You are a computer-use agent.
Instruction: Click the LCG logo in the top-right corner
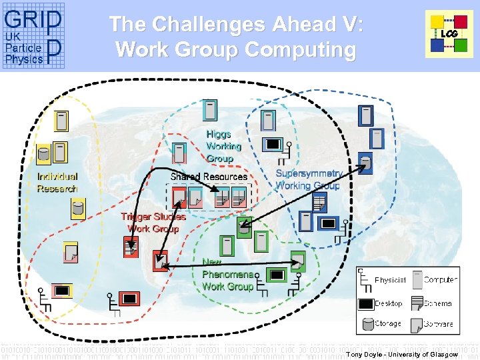point(449,34)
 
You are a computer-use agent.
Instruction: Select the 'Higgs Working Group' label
point(223,146)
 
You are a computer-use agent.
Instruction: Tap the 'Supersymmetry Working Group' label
point(309,179)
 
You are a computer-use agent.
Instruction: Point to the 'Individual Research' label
point(57,183)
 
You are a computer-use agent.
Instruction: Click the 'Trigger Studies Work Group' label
point(153,223)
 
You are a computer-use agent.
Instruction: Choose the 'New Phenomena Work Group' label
point(228,274)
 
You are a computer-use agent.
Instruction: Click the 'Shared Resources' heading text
point(209,177)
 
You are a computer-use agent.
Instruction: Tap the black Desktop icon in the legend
point(365,303)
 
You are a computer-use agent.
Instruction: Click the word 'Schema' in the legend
point(438,303)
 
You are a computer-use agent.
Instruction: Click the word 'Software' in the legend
point(438,324)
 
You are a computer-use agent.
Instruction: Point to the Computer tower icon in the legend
point(417,280)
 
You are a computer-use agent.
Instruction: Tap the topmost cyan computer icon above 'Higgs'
point(210,111)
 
